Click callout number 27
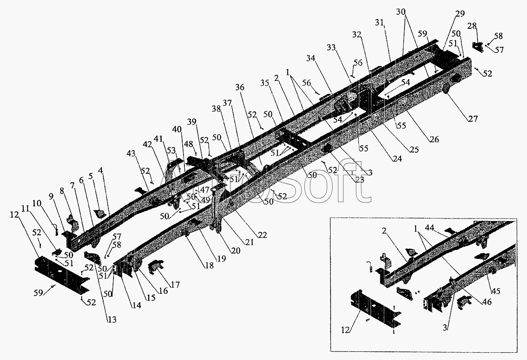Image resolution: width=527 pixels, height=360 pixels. pos(472,119)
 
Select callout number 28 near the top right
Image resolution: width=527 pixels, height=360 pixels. pos(472,26)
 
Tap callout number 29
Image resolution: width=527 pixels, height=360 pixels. pos(460,14)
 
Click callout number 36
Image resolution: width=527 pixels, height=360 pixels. pos(239,87)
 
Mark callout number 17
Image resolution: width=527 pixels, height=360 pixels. pos(175,284)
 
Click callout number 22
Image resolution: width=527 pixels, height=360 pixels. pos(262,235)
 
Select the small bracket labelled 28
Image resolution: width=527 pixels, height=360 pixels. pos(478,46)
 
